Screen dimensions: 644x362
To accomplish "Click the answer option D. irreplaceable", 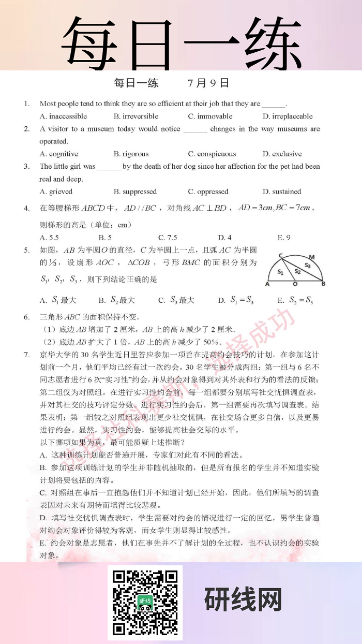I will (288, 116).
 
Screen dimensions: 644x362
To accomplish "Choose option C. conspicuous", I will (212, 154).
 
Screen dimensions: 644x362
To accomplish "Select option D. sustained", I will (282, 192).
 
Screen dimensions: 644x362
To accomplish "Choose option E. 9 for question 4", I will (284, 238).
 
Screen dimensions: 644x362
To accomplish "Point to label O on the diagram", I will (295, 284).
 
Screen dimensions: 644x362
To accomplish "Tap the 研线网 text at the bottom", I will (243, 601).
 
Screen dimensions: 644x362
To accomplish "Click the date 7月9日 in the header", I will (208, 83).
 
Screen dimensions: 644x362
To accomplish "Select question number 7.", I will (26, 355).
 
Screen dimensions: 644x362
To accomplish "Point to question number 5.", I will (26, 250).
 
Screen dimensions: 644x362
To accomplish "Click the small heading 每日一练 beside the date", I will (136, 83).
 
